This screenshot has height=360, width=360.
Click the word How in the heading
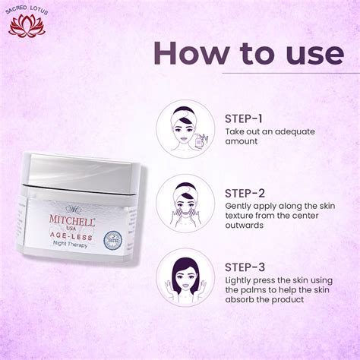pyautogui.click(x=188, y=54)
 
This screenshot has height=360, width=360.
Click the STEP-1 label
pyautogui.click(x=244, y=118)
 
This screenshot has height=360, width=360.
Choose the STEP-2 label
pyautogui.click(x=244, y=192)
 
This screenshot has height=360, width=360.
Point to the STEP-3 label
pyautogui.click(x=244, y=267)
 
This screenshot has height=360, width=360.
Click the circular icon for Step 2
pyautogui.click(x=184, y=203)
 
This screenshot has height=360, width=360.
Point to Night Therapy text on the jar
pyautogui.click(x=68, y=246)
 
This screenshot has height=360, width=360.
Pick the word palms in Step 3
pyautogui.click(x=259, y=289)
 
